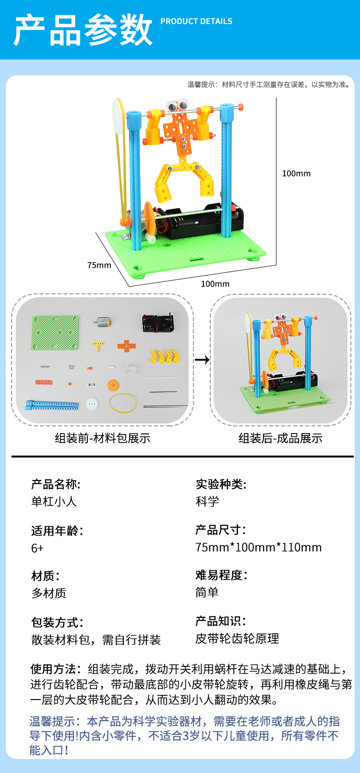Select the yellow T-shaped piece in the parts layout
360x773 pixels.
coord(98,346)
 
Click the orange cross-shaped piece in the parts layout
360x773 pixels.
coord(127,346)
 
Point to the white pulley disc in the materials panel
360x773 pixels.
coord(92,404)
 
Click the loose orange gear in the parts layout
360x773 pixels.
coord(113,385)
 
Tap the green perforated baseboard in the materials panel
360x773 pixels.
coord(55,332)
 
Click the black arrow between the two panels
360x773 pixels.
coord(203,359)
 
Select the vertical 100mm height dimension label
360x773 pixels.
coord(296,173)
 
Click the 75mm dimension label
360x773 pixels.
coord(99,265)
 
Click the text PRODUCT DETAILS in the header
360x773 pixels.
coord(196,21)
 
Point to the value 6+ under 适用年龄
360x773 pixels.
coord(37,548)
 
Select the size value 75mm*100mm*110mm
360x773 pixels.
coord(258,547)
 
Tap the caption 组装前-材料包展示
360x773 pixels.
coord(102,438)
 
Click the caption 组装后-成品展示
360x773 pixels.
coord(280,438)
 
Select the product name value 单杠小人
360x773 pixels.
coord(54,501)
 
